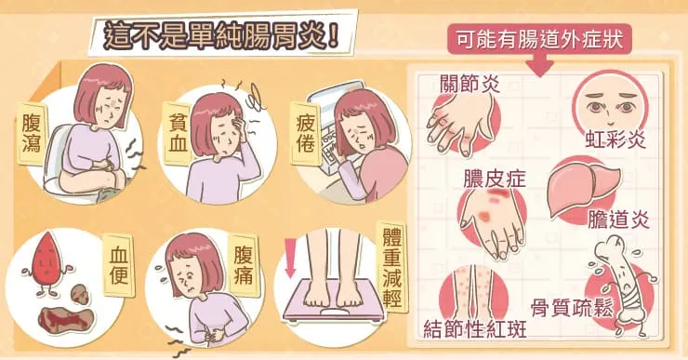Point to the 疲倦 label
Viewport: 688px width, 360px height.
(305, 133)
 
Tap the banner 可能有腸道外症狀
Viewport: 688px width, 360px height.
(539, 39)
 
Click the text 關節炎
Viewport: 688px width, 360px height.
(470, 83)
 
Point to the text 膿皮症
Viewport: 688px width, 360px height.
(495, 180)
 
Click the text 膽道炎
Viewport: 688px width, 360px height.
(617, 219)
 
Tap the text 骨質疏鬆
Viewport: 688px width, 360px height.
(571, 307)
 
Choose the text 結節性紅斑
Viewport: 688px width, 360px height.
(475, 328)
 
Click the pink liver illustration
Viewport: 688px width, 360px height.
(583, 189)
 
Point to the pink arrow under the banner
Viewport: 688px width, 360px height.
(539, 66)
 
